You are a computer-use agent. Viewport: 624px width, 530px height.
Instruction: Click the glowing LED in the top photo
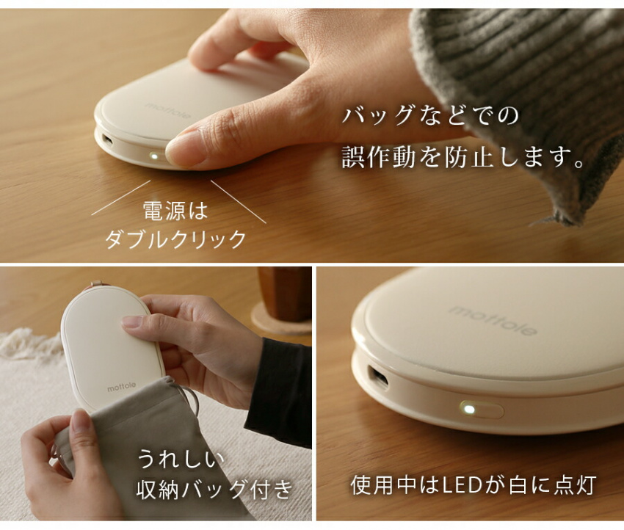(153, 156)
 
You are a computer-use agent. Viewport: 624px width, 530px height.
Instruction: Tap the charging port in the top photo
(107, 140)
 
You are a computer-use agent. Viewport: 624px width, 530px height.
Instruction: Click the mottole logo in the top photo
(167, 111)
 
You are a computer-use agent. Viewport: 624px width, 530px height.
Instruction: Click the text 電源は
(175, 211)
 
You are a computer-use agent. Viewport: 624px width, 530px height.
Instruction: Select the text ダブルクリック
(175, 239)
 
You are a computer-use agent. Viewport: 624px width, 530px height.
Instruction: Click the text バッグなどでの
(430, 115)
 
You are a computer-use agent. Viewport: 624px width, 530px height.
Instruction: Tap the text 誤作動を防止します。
(462, 156)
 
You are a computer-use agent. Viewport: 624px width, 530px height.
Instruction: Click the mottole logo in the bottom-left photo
(121, 387)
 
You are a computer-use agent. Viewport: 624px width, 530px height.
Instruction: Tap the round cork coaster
(281, 319)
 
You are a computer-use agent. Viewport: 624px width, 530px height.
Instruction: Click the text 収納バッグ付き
(215, 490)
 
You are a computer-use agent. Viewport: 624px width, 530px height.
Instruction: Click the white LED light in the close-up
(470, 409)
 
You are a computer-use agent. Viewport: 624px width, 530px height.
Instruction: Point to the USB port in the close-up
(377, 377)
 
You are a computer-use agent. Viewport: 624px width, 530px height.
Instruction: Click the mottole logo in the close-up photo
(493, 321)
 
